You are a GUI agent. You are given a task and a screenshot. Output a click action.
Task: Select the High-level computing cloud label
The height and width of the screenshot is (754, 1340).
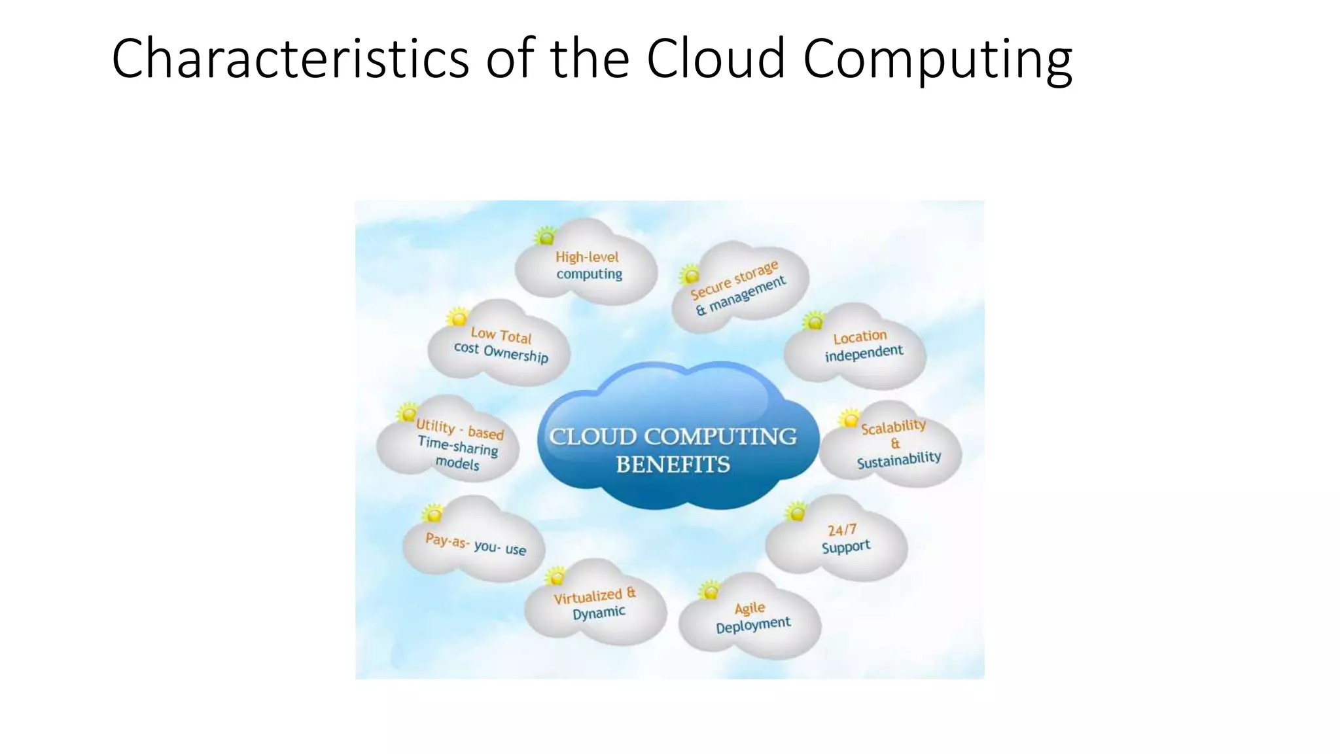click(588, 266)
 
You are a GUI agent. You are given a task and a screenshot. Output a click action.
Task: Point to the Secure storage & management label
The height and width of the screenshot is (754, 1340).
click(738, 289)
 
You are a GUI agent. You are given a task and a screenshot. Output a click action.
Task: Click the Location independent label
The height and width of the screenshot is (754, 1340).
click(862, 346)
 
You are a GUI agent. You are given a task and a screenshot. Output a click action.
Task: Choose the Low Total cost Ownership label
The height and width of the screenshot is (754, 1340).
click(501, 345)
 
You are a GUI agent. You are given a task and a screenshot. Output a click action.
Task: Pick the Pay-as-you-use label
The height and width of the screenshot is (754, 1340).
click(476, 544)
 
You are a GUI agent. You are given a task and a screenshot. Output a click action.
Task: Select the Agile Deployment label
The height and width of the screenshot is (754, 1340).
click(752, 617)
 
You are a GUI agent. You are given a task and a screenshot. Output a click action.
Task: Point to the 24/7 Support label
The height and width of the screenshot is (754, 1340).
click(844, 539)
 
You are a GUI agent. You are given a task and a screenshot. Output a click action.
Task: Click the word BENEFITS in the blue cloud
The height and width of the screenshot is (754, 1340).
click(673, 465)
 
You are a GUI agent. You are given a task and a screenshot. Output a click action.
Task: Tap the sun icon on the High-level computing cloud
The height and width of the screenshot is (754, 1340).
click(545, 236)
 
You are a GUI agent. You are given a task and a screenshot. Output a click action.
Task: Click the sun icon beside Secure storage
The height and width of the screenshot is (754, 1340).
click(689, 274)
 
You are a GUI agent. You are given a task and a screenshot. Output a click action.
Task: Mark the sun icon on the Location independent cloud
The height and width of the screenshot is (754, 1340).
click(814, 321)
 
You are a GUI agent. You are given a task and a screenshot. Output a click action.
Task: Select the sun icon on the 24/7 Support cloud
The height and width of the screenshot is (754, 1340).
click(796, 511)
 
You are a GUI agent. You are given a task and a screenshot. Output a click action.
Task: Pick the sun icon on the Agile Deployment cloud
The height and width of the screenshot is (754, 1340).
click(709, 591)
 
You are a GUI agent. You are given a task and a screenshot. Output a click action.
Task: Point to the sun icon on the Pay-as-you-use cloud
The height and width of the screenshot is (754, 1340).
click(432, 513)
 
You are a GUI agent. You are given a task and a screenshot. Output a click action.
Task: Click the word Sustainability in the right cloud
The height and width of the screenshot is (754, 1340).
click(899, 459)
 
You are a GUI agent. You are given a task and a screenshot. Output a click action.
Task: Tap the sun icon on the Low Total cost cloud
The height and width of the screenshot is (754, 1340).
click(457, 317)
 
